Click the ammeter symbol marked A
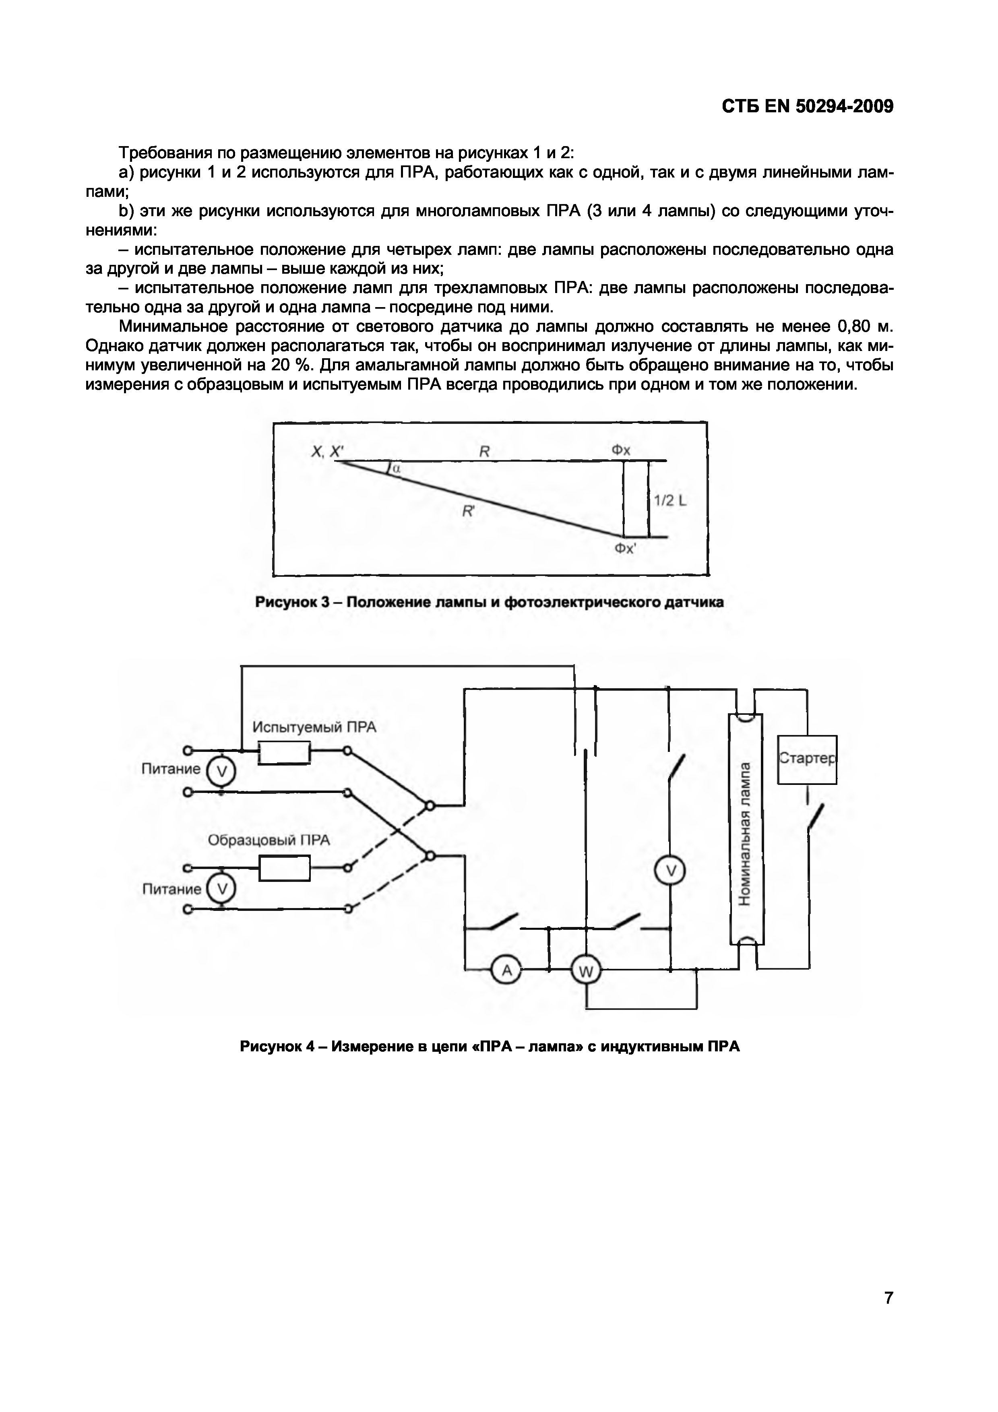(507, 970)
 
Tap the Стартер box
(807, 760)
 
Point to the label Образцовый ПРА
(269, 840)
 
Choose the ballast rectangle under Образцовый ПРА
(284, 868)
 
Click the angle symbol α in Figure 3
(396, 469)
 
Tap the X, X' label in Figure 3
(327, 452)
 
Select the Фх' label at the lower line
(625, 548)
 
